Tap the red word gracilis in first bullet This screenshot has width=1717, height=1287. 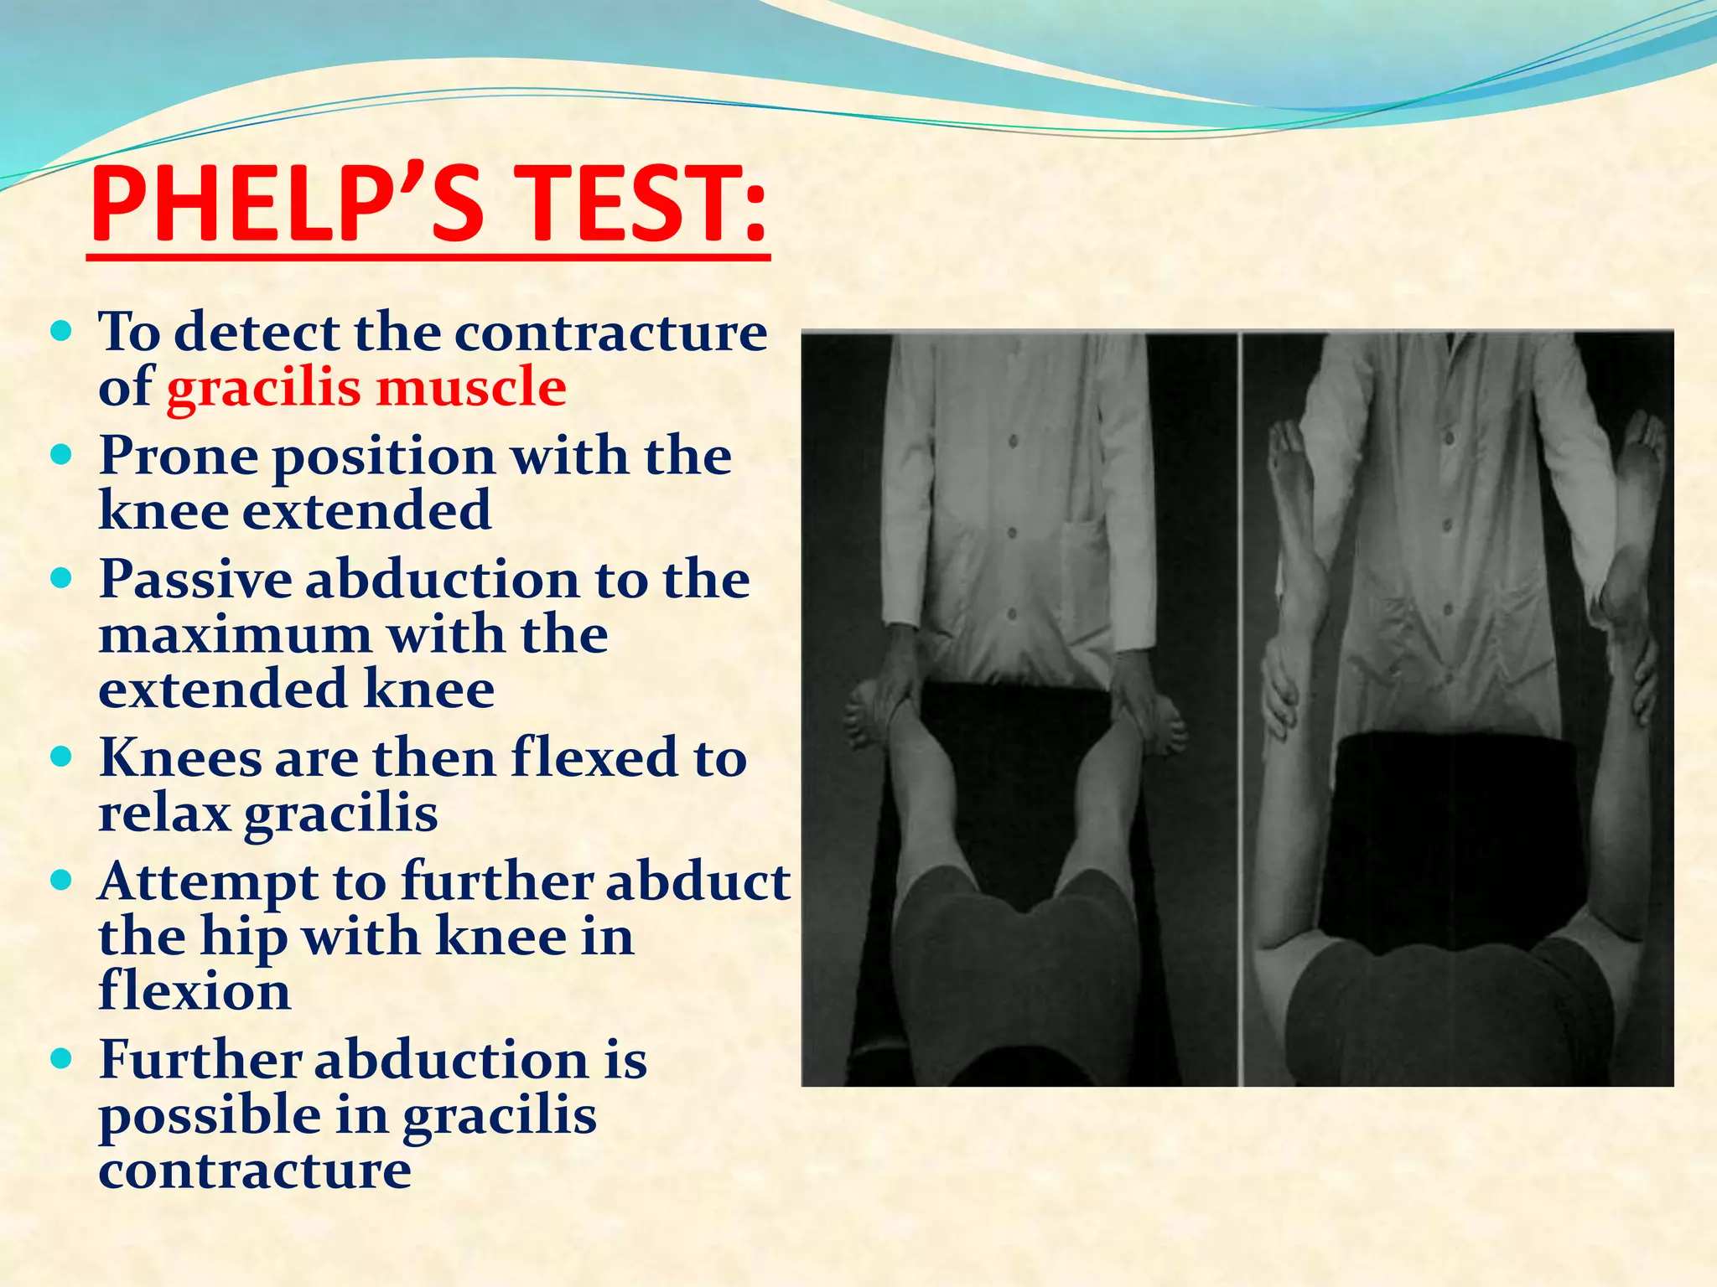click(x=262, y=389)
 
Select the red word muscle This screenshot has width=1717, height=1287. click(x=471, y=387)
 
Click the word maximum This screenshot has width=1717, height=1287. click(x=235, y=635)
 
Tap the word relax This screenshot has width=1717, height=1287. click(x=164, y=813)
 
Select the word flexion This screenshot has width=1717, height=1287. click(x=195, y=991)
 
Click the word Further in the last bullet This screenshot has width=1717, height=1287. click(x=200, y=1060)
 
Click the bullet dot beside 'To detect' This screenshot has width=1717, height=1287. click(x=62, y=332)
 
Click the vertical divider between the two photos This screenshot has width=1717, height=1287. click(x=1240, y=708)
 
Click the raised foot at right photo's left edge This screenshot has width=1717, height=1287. click(x=1291, y=469)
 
